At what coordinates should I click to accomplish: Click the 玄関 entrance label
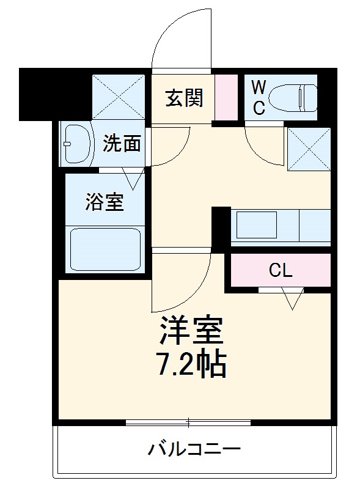pyautogui.click(x=184, y=98)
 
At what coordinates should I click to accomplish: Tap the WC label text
pyautogui.click(x=259, y=98)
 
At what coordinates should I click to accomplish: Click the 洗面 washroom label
pyautogui.click(x=122, y=144)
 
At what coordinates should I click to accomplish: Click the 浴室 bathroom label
pyautogui.click(x=105, y=202)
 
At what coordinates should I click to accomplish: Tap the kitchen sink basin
pyautogui.click(x=256, y=225)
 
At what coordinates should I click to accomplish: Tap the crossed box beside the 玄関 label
pyautogui.click(x=118, y=97)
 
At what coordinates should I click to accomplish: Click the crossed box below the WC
pyautogui.click(x=309, y=149)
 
